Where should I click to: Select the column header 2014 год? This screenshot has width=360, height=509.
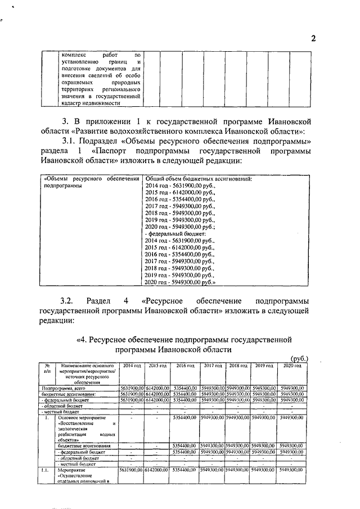pyautogui.click(x=131, y=366)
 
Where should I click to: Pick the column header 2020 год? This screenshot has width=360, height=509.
pyautogui.click(x=292, y=366)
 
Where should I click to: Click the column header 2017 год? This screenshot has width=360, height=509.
pyautogui.click(x=212, y=366)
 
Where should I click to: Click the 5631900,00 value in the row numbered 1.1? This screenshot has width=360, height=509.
pyautogui.click(x=131, y=469)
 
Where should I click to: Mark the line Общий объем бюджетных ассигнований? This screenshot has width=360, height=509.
pyautogui.click(x=198, y=179)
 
